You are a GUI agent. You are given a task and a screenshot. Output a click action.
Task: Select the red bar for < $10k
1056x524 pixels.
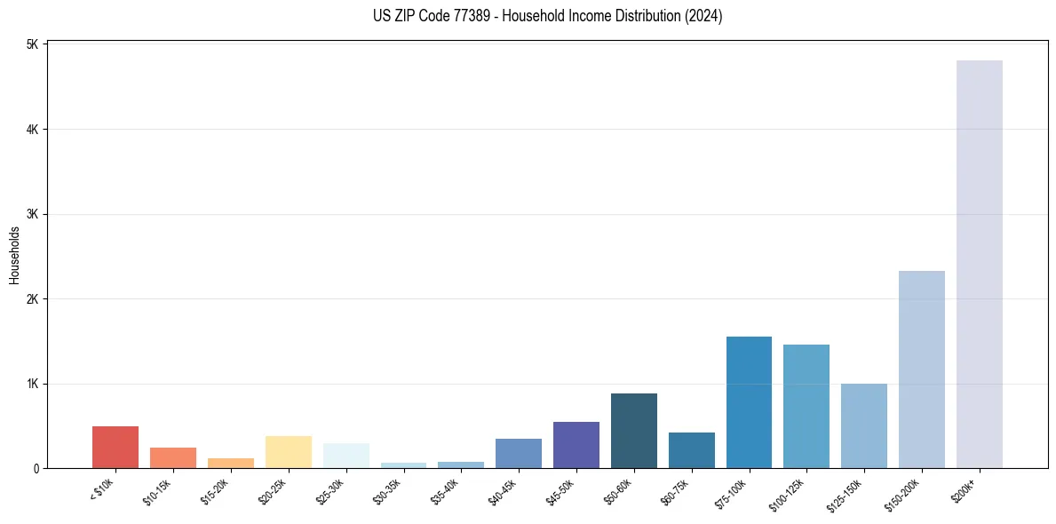pyautogui.click(x=115, y=447)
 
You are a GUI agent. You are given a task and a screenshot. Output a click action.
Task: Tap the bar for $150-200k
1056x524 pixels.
pyautogui.click(x=921, y=369)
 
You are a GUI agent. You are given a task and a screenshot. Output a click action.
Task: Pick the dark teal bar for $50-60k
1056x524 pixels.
pyautogui.click(x=633, y=431)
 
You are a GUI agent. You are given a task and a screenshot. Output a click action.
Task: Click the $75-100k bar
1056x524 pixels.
pyautogui.click(x=749, y=402)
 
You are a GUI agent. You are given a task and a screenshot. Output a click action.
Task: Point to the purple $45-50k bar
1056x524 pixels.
pyautogui.click(x=576, y=445)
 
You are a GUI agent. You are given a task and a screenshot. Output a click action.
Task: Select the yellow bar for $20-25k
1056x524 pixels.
pyautogui.click(x=288, y=452)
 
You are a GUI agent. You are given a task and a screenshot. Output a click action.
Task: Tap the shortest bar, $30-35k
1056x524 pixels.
pyautogui.click(x=403, y=464)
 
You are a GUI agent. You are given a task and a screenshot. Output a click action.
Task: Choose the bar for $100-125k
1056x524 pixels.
pyautogui.click(x=806, y=406)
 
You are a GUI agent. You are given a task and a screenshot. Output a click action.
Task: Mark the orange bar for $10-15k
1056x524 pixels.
pyautogui.click(x=173, y=457)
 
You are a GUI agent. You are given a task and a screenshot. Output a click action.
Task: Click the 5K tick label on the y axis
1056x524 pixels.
pyautogui.click(x=32, y=44)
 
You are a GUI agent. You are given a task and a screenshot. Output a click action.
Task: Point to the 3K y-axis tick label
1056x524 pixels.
pyautogui.click(x=32, y=214)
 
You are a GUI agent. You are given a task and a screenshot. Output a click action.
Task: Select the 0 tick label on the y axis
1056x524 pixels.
pyautogui.click(x=36, y=468)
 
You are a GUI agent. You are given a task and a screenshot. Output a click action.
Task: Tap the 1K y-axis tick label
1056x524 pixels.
pyautogui.click(x=32, y=384)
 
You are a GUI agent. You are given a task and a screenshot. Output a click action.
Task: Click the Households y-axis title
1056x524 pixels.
pyautogui.click(x=14, y=255)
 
